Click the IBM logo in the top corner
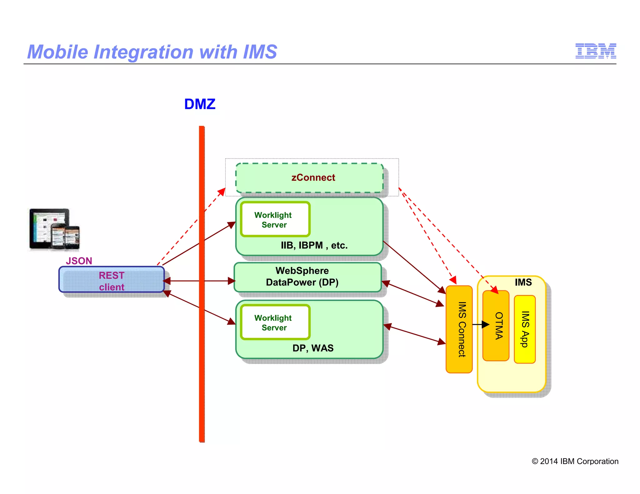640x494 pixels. (x=595, y=51)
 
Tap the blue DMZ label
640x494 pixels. (x=200, y=104)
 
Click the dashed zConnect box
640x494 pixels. (x=309, y=178)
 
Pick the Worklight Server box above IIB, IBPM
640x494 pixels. (x=275, y=220)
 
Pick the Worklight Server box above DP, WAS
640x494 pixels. (x=275, y=322)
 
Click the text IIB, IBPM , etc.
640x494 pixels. (x=314, y=245)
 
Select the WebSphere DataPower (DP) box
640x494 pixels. (x=307, y=277)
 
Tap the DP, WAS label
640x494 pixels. (x=313, y=348)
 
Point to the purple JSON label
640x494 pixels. (x=79, y=261)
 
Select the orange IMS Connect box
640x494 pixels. (x=459, y=329)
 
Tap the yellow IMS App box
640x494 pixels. (x=525, y=329)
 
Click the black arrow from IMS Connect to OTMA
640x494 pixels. (x=480, y=325)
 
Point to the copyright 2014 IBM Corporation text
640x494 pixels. (x=575, y=461)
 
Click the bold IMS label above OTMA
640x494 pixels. (x=523, y=282)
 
